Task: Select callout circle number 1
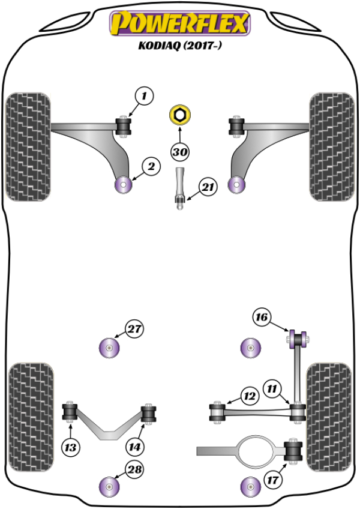coord(144,95)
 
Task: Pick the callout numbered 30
coord(179,152)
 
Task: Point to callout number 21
coord(208,188)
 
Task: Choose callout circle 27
coord(134,328)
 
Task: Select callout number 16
coord(261,317)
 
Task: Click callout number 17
coord(273,480)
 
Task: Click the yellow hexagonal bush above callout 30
coord(179,114)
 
